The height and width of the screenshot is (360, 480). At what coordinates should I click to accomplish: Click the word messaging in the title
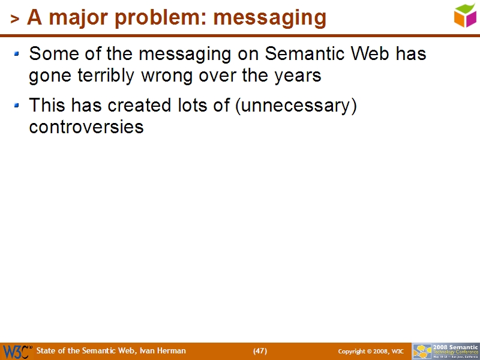(269, 17)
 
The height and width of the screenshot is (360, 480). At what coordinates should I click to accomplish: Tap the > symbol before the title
(15, 19)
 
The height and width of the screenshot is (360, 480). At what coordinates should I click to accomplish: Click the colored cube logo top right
(465, 15)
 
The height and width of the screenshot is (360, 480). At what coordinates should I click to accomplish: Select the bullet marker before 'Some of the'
(17, 55)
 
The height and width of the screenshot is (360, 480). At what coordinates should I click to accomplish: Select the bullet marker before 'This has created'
(17, 106)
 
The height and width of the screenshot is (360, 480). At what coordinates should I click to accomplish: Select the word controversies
(86, 127)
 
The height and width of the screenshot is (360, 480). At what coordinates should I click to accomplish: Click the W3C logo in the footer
(17, 352)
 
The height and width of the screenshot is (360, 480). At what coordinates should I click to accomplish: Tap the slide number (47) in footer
(260, 351)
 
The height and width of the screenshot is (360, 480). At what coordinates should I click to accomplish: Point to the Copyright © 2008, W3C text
(371, 351)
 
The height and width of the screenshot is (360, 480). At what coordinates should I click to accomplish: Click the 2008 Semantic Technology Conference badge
(446, 351)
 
